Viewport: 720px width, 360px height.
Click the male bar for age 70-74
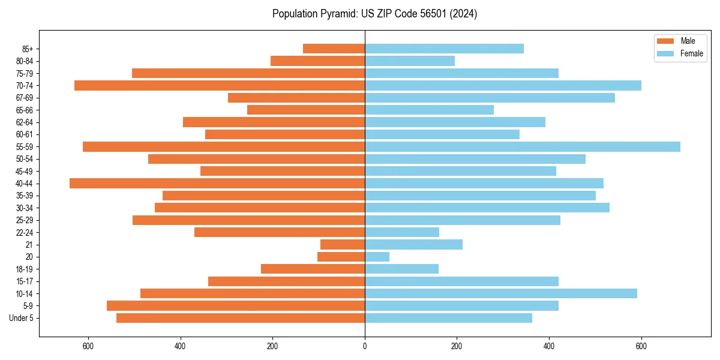(x=220, y=85)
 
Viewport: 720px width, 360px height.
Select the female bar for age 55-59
(x=523, y=146)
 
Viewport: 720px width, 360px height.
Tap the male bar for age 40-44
(x=217, y=183)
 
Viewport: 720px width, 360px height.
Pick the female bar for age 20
(x=377, y=257)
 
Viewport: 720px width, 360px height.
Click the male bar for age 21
(x=343, y=244)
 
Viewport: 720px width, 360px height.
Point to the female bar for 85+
(x=444, y=49)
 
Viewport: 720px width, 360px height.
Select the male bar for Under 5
(x=241, y=318)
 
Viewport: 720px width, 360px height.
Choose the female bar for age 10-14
(x=501, y=293)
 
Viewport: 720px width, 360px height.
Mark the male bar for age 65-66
(x=306, y=110)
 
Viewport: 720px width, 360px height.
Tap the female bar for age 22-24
(x=402, y=232)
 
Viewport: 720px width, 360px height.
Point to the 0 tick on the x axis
(x=365, y=346)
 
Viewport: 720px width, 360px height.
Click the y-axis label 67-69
(x=25, y=98)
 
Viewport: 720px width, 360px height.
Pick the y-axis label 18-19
(x=25, y=269)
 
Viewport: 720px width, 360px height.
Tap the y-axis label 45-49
(x=25, y=171)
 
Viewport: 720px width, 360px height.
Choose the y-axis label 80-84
(x=25, y=61)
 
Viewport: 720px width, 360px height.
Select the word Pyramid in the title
(x=337, y=14)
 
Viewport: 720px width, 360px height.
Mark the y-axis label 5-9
(x=28, y=306)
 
